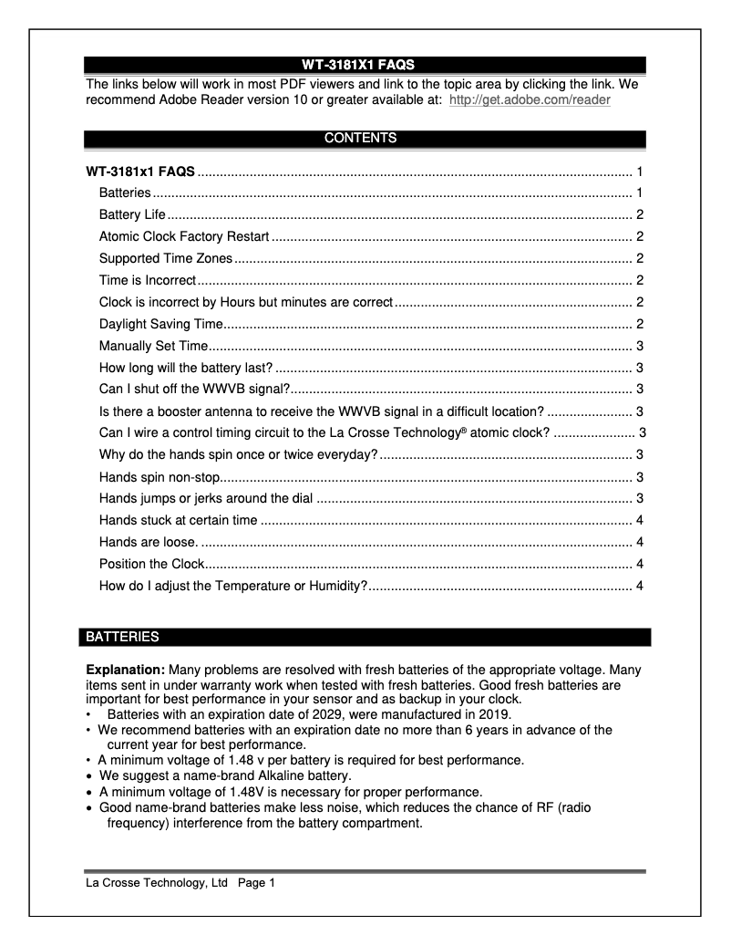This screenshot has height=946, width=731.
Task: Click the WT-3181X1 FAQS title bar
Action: click(365, 65)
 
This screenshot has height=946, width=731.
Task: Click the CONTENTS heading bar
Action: click(365, 139)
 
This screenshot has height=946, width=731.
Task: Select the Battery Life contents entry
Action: click(132, 215)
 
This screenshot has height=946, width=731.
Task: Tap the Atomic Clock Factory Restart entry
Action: click(183, 237)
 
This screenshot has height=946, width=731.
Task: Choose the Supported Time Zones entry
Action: click(166, 258)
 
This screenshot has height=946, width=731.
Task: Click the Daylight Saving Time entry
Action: click(160, 324)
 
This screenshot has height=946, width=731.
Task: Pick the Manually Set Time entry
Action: click(154, 346)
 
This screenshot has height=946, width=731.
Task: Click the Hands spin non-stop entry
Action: click(160, 476)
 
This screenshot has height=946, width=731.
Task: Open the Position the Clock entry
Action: click(151, 564)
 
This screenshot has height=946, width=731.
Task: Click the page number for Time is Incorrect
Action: click(641, 280)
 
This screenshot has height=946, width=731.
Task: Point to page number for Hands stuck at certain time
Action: click(641, 520)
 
